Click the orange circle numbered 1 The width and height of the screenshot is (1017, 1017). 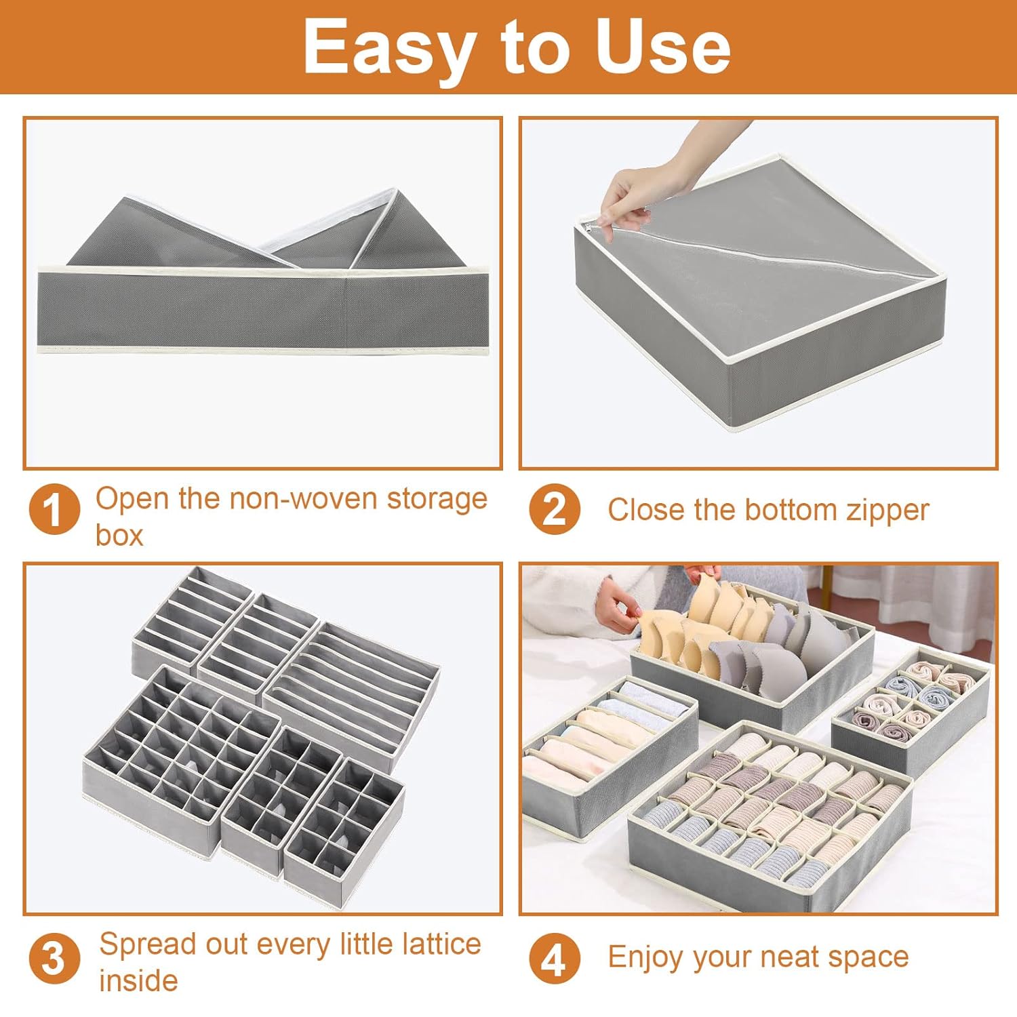click(54, 510)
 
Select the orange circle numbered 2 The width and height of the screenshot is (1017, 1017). click(554, 510)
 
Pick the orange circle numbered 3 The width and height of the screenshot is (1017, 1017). click(54, 959)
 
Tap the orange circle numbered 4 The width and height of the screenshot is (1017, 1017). click(554, 959)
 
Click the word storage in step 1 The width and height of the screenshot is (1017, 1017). click(437, 498)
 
